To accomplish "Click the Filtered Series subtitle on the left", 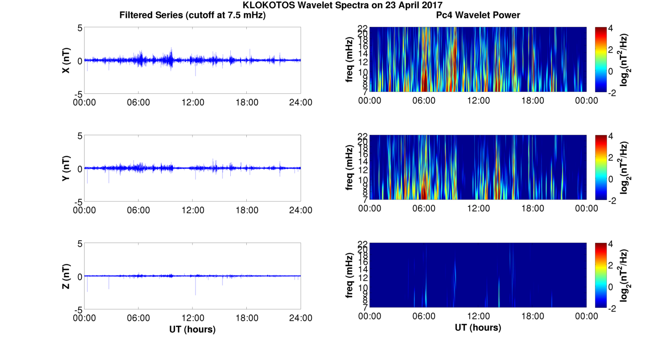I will click(192, 15).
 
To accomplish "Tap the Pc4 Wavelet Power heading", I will click(478, 15).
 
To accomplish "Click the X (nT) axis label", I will click(66, 60).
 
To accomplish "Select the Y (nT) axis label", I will click(66, 168).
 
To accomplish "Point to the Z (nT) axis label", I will click(66, 276).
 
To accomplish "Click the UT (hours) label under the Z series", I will click(192, 329).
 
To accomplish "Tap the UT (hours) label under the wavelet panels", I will click(478, 328).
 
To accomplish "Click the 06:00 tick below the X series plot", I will click(138, 102).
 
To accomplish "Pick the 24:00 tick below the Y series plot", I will click(301, 210).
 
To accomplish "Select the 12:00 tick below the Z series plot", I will click(192, 318).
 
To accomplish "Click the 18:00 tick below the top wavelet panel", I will click(532, 101).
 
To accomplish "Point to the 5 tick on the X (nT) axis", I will click(80, 28).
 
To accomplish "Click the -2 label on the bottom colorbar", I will click(610, 308).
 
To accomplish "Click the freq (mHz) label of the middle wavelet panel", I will click(350, 167).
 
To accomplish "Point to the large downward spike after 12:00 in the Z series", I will click(196, 292).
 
